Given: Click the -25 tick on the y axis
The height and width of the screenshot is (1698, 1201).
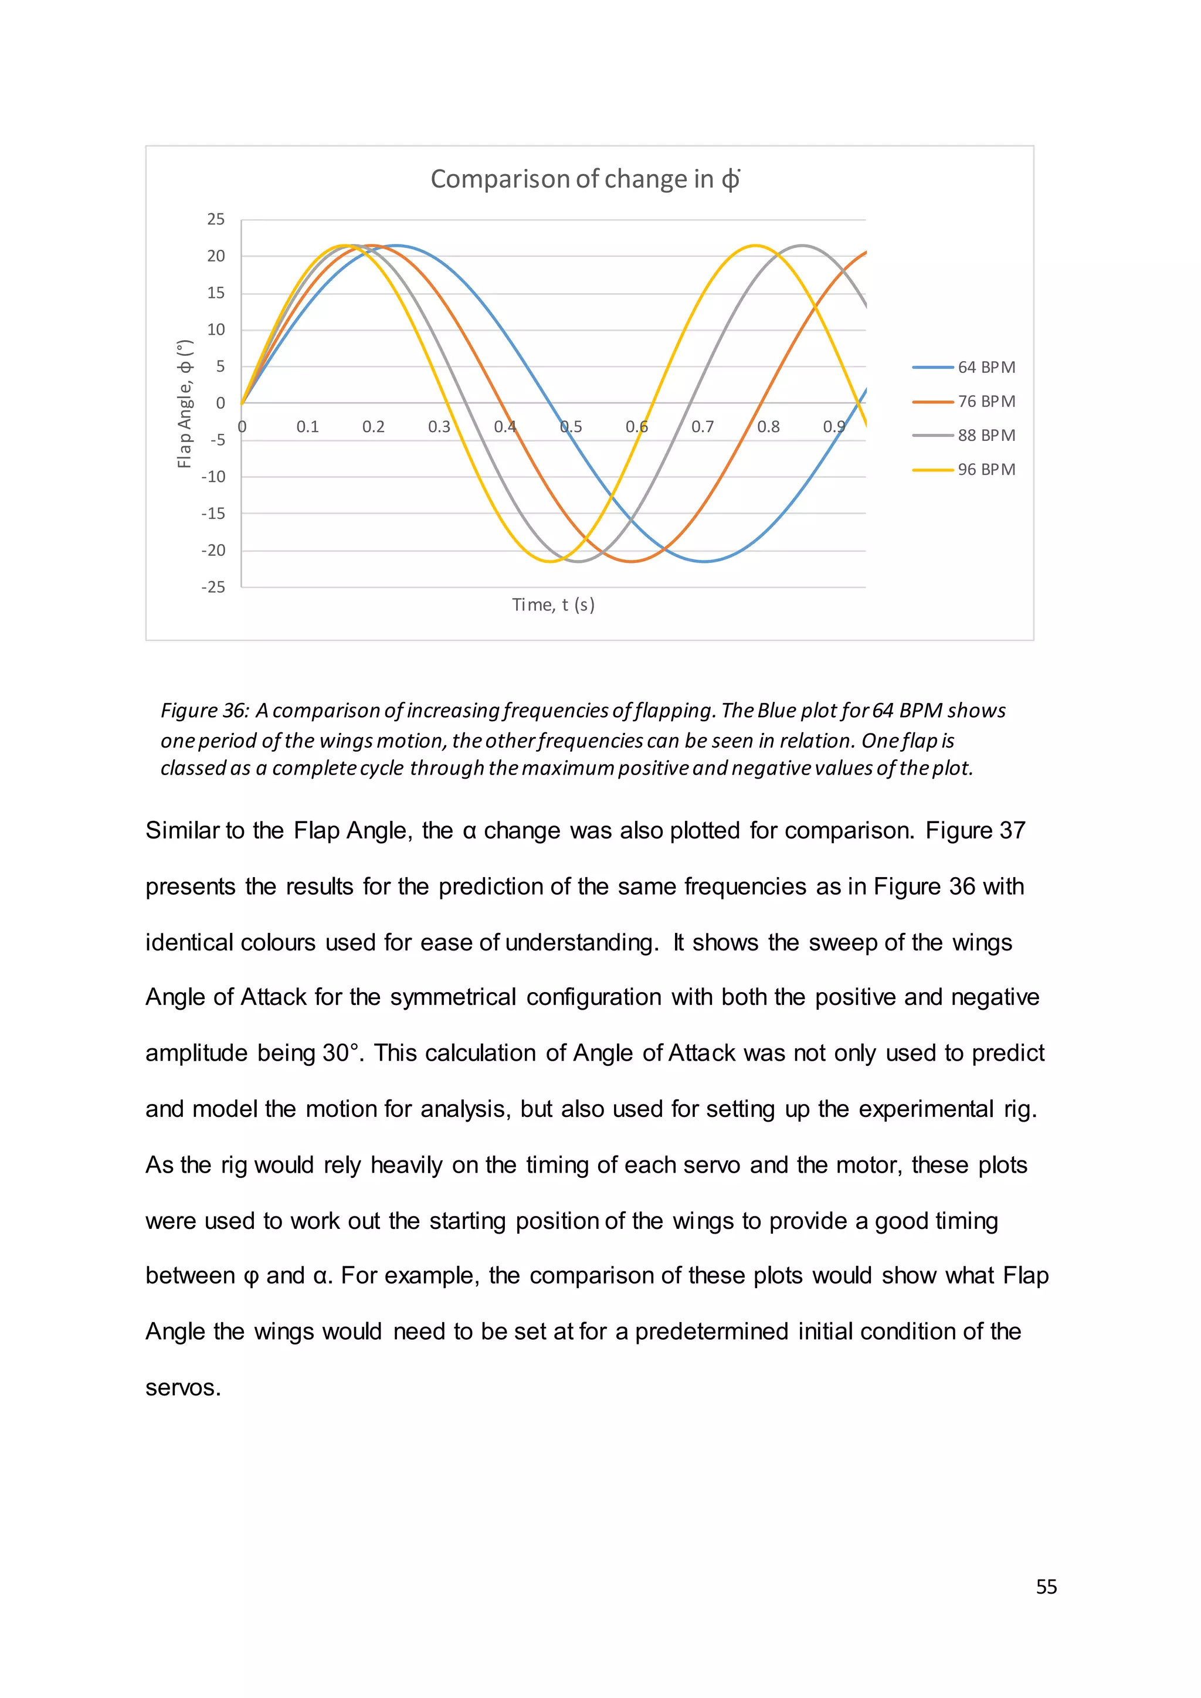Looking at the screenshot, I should (213, 587).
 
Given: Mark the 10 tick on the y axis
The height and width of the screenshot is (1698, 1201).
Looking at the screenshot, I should (215, 330).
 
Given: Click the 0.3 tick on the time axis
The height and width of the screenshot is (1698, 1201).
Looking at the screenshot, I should (439, 427).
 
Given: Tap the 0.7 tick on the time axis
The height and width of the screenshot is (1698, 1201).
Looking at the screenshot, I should (703, 427).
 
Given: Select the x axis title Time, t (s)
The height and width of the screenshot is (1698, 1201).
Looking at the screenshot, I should (553, 605).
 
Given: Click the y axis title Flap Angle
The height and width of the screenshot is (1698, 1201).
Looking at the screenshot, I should (185, 404).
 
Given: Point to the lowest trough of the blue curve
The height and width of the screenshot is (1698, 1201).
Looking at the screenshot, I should (705, 561).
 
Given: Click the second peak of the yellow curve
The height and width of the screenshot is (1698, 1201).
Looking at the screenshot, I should (754, 246).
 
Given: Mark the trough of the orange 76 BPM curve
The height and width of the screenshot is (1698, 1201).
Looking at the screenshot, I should (632, 561).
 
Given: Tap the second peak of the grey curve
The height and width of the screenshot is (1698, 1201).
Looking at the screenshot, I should (802, 246).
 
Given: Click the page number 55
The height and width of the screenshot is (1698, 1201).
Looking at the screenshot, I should (1046, 1587).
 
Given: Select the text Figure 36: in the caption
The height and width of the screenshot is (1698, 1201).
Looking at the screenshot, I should (205, 711).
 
